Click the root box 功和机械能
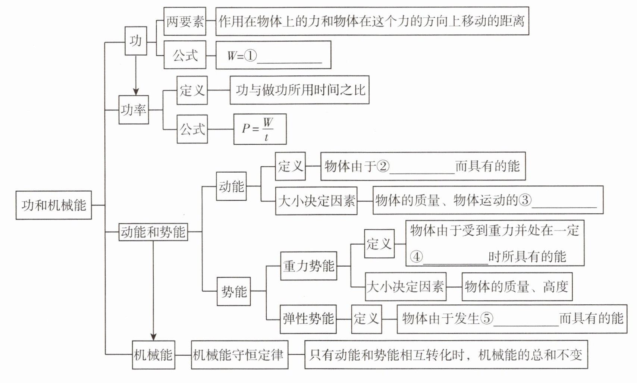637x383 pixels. [54, 205]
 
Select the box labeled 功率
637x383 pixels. [134, 110]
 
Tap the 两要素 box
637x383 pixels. [185, 21]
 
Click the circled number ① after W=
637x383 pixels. [251, 56]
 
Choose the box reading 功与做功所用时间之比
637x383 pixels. [299, 90]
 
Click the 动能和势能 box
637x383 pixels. [153, 232]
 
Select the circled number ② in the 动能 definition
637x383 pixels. [383, 166]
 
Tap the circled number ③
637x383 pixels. [525, 200]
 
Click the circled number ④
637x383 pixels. [416, 257]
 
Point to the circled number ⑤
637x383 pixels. [487, 318]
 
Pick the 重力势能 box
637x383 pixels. [308, 266]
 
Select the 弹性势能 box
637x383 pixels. [308, 319]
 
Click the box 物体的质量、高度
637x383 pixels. [517, 287]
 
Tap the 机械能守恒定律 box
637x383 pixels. [239, 355]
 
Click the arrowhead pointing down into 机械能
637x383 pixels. [153, 337]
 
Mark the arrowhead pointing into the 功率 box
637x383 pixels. [136, 92]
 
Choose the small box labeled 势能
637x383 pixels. [234, 291]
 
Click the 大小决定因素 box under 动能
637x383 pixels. [316, 201]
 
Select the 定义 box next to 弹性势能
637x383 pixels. [367, 319]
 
